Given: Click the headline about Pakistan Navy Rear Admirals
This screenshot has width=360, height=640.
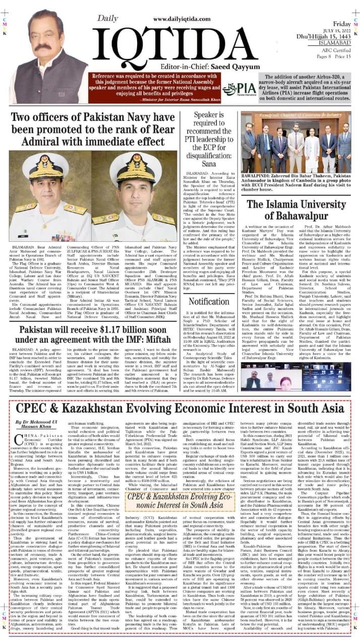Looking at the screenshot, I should coord(95,129).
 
